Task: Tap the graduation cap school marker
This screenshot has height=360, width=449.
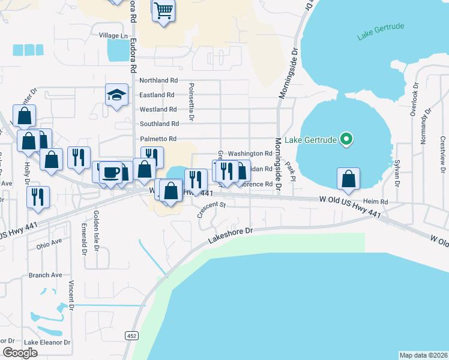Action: click(116, 95)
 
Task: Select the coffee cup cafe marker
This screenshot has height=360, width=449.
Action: click(110, 173)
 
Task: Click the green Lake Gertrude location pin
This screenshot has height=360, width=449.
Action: click(346, 140)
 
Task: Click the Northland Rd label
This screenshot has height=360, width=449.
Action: click(159, 80)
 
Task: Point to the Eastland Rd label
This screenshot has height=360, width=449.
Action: click(157, 95)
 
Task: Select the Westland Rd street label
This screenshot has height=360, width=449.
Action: click(158, 109)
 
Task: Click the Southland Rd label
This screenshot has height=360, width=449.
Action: click(159, 124)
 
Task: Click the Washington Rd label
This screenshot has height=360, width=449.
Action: click(250, 154)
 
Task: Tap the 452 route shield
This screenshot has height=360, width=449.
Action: click(131, 336)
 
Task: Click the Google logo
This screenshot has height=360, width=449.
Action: click(20, 352)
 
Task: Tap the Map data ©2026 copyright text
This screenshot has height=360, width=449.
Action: click(423, 355)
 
